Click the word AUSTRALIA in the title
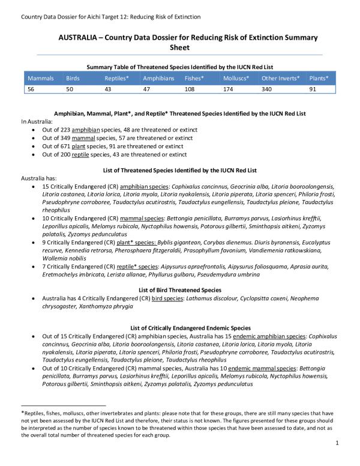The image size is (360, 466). [78, 37]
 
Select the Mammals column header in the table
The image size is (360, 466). [41, 79]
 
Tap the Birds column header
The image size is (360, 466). [73, 79]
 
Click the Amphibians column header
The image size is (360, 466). [159, 79]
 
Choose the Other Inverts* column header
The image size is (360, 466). [281, 79]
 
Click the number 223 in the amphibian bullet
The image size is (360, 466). [66, 130]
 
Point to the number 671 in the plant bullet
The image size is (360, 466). [66, 146]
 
